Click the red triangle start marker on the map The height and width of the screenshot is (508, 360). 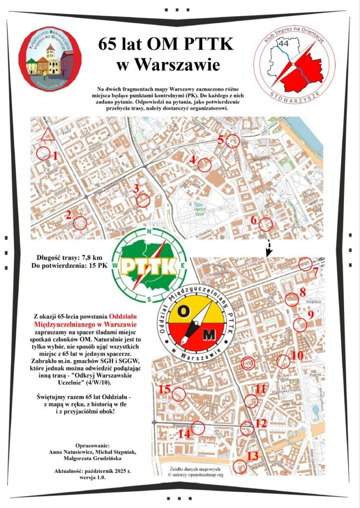(48, 134)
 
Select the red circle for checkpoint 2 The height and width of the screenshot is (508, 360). (79, 223)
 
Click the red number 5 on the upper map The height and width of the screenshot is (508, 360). (221, 139)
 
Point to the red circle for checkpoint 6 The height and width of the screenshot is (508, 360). (266, 224)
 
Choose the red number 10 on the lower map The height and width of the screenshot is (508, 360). (296, 355)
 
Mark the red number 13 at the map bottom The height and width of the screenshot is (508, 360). (253, 455)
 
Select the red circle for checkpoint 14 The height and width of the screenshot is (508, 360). (198, 428)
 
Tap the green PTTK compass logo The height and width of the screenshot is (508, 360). (149, 265)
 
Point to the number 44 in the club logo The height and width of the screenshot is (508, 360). (285, 44)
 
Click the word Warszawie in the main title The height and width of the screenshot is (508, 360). (169, 65)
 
